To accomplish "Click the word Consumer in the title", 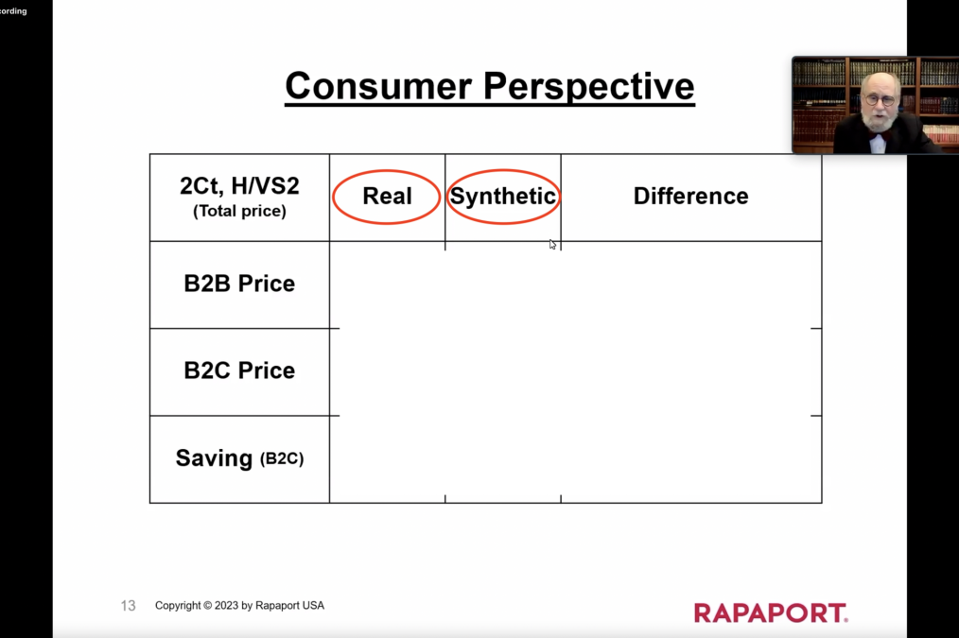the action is tap(378, 86).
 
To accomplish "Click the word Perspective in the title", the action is tap(588, 87).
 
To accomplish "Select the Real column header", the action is tap(387, 197).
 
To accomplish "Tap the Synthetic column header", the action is tap(503, 197).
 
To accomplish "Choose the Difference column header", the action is tap(691, 197).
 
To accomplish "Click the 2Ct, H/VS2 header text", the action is tap(240, 186).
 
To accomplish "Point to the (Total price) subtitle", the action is tap(240, 212).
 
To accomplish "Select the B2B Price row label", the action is tap(240, 284).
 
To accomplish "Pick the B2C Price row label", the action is tap(240, 371).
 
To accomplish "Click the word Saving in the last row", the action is tap(214, 458).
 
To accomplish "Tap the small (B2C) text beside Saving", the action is tap(282, 459).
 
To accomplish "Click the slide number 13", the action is tap(128, 606).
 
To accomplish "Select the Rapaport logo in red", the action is tap(771, 612).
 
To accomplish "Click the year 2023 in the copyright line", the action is tap(226, 606).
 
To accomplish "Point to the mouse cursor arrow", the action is tap(552, 245).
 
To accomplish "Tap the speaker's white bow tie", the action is tap(879, 143).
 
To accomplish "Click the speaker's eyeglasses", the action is tap(881, 99).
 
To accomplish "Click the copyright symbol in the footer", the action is tap(207, 606).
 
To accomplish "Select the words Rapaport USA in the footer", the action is tap(290, 606).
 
